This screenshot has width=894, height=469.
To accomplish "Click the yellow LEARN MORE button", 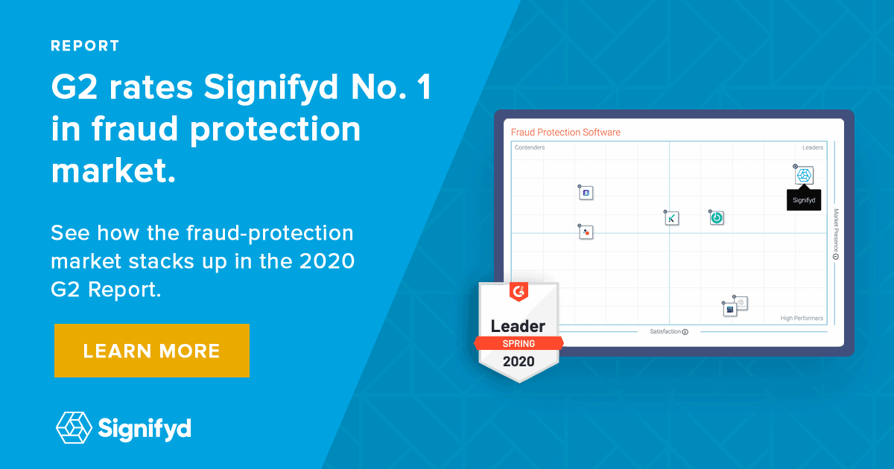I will pyautogui.click(x=151, y=351).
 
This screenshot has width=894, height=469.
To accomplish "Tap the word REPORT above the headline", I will pyautogui.click(x=85, y=46).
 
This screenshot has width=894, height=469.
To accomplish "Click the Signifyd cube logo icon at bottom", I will pyautogui.click(x=74, y=427).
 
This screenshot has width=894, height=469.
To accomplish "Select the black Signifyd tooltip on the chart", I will pyautogui.click(x=804, y=200).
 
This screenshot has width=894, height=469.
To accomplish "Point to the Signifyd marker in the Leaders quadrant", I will pyautogui.click(x=805, y=176).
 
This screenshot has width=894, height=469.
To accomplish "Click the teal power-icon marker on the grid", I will pyautogui.click(x=717, y=218).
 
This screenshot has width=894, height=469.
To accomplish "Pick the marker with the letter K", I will pyautogui.click(x=672, y=218).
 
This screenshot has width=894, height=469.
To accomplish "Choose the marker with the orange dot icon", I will pyautogui.click(x=586, y=232).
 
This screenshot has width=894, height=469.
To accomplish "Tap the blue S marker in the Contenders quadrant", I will pyautogui.click(x=586, y=193).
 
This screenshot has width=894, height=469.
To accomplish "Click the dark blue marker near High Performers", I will pyautogui.click(x=730, y=309).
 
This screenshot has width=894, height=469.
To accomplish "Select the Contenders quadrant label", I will pyautogui.click(x=530, y=147).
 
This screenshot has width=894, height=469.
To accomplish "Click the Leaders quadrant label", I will pyautogui.click(x=812, y=147).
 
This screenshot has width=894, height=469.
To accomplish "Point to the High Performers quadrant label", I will pyautogui.click(x=802, y=319).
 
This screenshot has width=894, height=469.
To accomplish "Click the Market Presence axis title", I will pyautogui.click(x=836, y=230).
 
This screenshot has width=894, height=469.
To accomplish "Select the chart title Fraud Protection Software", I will pyautogui.click(x=565, y=133).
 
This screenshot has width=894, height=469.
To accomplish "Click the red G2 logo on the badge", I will pyautogui.click(x=518, y=293).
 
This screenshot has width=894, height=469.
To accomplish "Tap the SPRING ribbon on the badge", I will pyautogui.click(x=518, y=344).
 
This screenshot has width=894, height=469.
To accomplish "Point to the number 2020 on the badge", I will pyautogui.click(x=518, y=363).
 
